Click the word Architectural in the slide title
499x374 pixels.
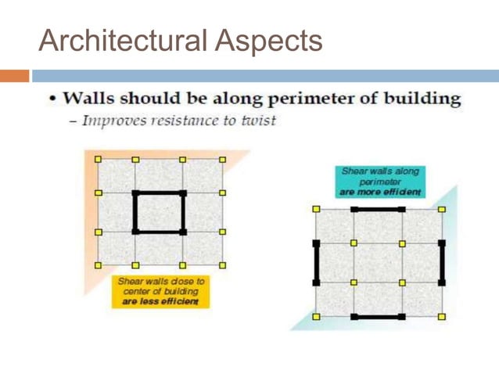[x=124, y=41]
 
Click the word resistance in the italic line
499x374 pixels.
[x=182, y=122]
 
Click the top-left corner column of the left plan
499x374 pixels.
[x=98, y=159]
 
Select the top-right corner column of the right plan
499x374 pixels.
[x=442, y=210]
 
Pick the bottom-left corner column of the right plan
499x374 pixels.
[x=316, y=316]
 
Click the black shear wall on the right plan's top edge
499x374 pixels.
[x=379, y=210]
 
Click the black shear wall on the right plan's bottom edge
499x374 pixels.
[x=379, y=317]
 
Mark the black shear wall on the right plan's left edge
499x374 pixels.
[x=316, y=262]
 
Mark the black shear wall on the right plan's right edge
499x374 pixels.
[x=442, y=262]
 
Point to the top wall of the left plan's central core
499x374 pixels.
[x=160, y=192]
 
